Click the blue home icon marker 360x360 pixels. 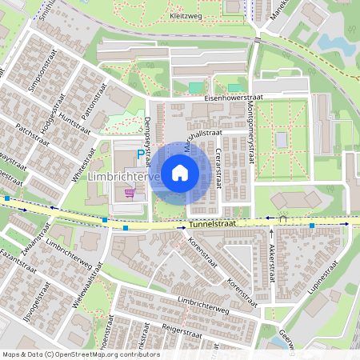(x=180, y=172)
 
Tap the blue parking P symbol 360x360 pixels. (x=141, y=154)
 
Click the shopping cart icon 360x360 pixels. (x=130, y=192)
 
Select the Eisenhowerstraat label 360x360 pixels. (x=234, y=97)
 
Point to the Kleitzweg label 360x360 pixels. (x=186, y=14)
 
